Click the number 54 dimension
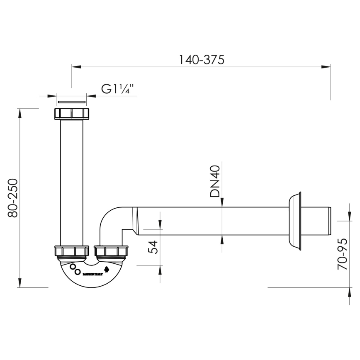[153, 247]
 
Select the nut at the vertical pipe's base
[71, 251]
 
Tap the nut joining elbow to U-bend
[112, 251]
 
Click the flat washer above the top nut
[72, 101]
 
